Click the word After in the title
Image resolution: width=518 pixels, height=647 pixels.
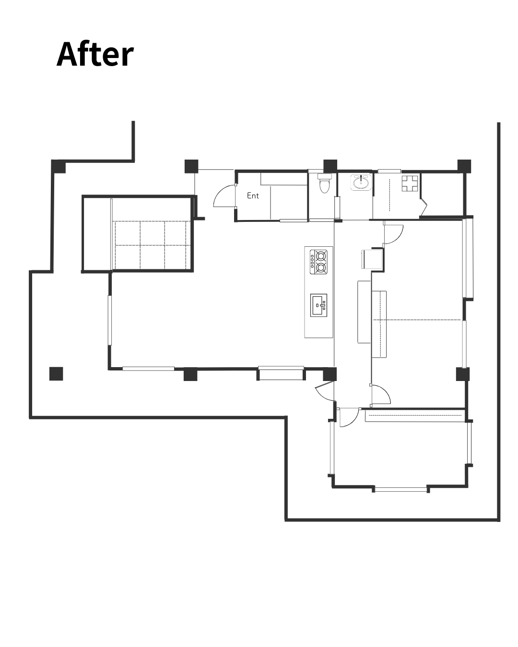pos(95,55)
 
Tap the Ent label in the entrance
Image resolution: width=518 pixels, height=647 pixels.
pos(253,196)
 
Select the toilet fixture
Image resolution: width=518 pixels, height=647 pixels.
pos(324,183)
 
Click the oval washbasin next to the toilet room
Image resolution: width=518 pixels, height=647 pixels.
pos(361,183)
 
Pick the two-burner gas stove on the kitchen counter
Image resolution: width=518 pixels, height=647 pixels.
pos(319,262)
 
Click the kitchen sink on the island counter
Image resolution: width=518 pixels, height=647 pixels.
pos(319,305)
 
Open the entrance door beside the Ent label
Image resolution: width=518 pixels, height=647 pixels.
pos(224,196)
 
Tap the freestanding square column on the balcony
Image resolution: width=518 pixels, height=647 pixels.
pos(56,374)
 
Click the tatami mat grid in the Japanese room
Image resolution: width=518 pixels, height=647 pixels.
pos(153,245)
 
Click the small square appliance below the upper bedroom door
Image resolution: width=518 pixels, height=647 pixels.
pos(372,259)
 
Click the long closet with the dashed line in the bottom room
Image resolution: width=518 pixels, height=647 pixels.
pos(415,415)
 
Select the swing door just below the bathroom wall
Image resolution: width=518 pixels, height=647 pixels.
pos(393,233)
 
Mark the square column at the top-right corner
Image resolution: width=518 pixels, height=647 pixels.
pos(464,166)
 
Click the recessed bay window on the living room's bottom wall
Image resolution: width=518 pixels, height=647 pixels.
pos(281,373)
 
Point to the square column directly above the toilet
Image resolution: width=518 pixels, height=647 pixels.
pos(330,166)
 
